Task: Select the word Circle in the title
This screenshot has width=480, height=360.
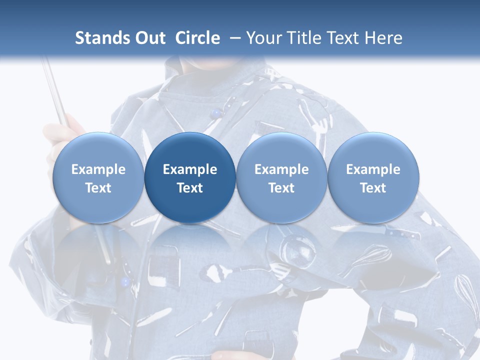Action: coord(197,38)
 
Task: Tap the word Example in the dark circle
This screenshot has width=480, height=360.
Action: coord(190,169)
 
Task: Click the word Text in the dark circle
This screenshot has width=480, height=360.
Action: coord(190,188)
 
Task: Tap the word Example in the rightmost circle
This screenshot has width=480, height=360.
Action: coord(373,169)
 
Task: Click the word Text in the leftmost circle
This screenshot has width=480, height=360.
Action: coord(98,188)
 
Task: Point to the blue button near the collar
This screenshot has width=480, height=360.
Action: coord(215,113)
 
